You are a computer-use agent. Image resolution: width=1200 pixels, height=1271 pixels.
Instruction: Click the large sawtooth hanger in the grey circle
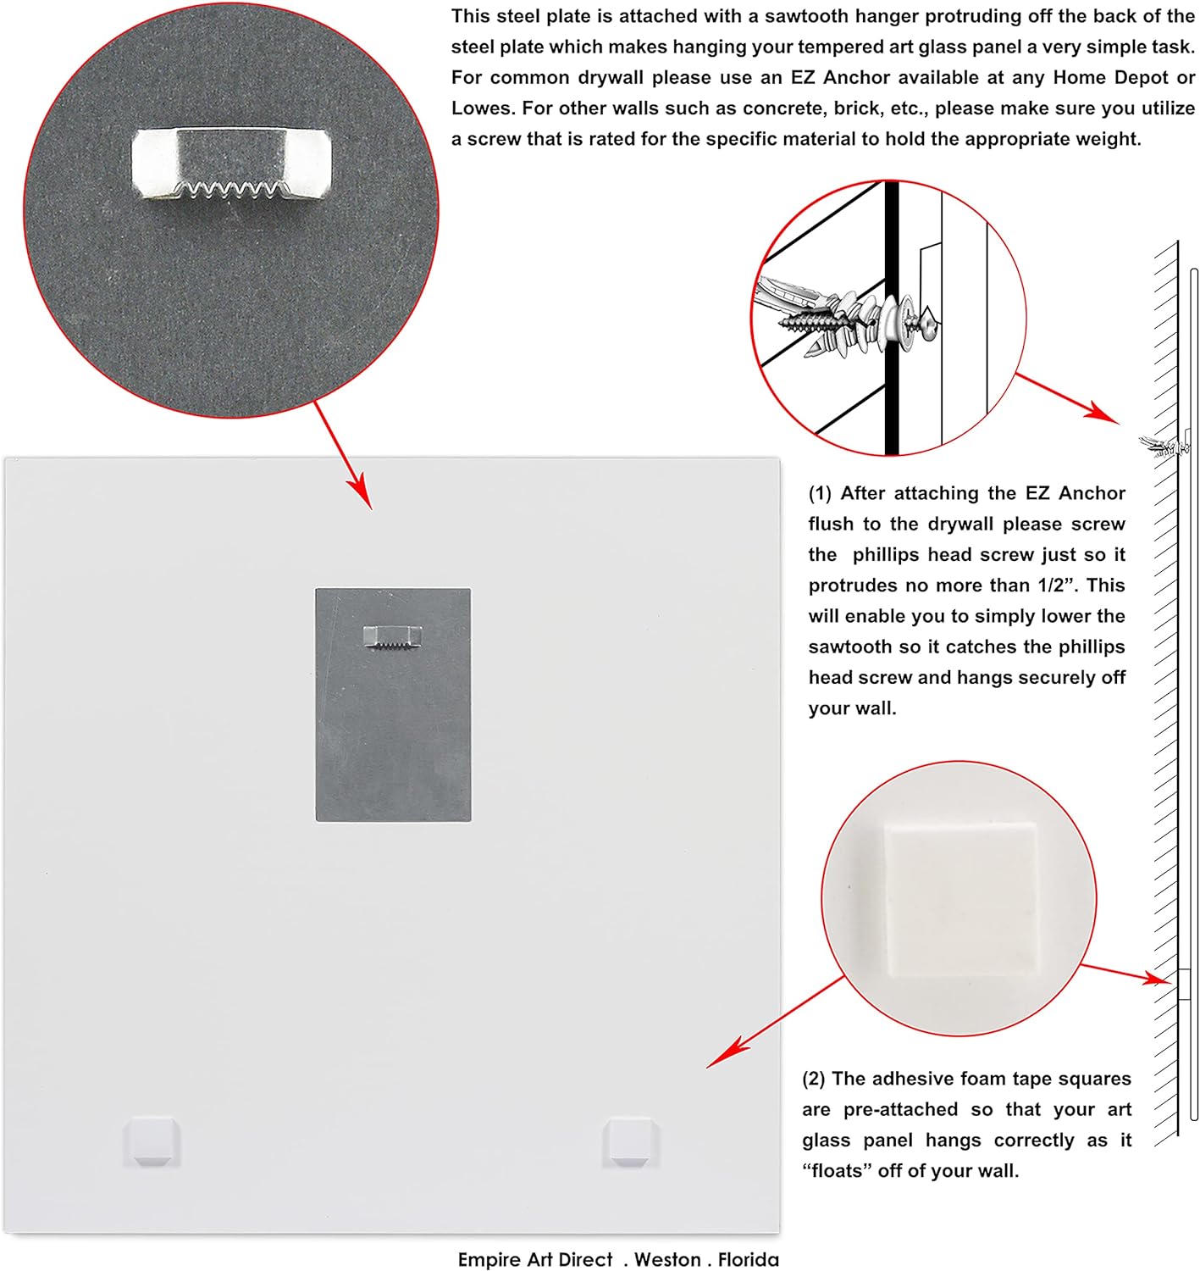coord(231,163)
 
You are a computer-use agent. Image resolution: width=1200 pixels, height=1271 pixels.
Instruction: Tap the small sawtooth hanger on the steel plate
coord(393,637)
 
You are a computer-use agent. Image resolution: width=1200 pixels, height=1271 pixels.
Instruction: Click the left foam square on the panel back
coord(152,1141)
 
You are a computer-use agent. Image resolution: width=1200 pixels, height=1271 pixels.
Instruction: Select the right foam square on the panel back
coord(630,1141)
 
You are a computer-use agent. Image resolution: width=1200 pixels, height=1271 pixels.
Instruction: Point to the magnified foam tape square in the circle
coord(959,898)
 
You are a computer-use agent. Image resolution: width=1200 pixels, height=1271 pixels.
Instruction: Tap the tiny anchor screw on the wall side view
coord(1164,445)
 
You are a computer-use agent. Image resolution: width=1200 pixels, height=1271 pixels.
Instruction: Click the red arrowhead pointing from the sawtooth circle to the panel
coord(359,492)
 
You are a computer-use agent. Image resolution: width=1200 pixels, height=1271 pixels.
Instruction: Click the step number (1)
coord(820,493)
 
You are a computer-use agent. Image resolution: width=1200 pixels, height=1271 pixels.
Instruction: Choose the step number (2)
coord(814,1079)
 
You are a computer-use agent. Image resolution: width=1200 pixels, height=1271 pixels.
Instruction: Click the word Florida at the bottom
coord(748,1259)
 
